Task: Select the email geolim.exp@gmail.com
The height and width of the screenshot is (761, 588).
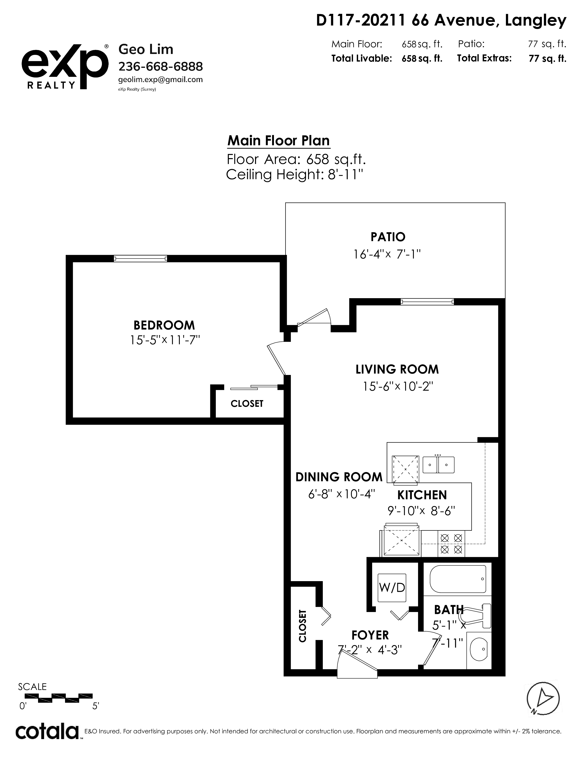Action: (160, 80)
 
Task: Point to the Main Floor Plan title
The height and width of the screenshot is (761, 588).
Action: (278, 141)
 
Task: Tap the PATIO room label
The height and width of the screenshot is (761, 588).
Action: (388, 237)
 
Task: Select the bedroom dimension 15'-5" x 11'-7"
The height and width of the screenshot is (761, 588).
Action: (165, 340)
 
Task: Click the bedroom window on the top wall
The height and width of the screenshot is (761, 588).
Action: (140, 258)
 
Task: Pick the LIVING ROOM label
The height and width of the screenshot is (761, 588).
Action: (397, 369)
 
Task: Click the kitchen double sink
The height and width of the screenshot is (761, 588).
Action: (439, 464)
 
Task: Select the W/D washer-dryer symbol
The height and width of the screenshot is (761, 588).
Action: (392, 588)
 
